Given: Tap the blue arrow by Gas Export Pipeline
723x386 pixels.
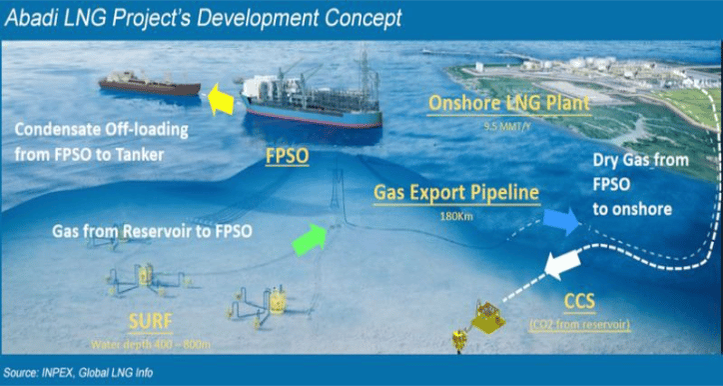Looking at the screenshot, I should [x=562, y=221].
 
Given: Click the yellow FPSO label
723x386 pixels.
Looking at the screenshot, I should [x=288, y=157].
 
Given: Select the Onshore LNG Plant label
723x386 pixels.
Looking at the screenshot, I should [x=507, y=103].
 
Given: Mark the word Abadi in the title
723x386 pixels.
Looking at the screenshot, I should [x=37, y=17].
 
